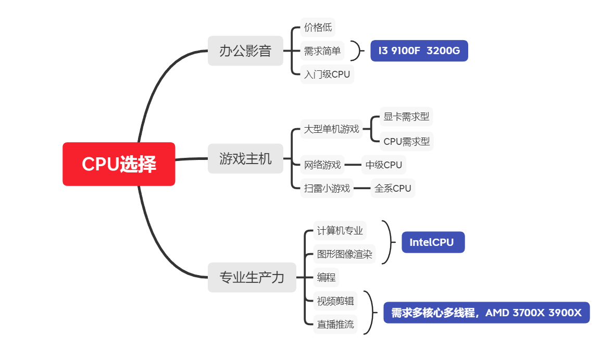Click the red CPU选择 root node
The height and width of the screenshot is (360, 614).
point(119,164)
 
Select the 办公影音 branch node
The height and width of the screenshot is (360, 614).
point(245,51)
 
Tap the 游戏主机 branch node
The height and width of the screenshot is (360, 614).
point(245,158)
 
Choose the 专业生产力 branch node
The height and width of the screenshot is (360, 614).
point(252,277)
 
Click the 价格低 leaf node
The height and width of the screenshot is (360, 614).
point(318,27)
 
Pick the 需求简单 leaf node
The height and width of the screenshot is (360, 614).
point(322,51)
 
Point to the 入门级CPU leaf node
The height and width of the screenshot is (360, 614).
point(327,74)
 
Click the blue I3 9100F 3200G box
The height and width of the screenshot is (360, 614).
point(419,51)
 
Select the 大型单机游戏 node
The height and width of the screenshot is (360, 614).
point(331,129)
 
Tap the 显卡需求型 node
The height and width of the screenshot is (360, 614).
point(406,116)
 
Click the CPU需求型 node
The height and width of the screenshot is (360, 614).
point(406,141)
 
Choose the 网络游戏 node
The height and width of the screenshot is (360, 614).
point(322,165)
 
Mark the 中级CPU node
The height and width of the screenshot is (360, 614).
point(384,165)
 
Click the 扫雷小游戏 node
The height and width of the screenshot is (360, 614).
point(327,188)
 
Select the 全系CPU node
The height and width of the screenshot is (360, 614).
point(393,188)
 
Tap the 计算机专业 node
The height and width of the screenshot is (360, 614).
point(340,230)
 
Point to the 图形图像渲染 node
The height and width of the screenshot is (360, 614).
point(344,254)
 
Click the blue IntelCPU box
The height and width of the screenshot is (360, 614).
point(432,242)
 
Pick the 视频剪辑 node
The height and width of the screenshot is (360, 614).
point(335,301)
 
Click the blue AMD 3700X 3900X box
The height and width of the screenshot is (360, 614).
point(486,313)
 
